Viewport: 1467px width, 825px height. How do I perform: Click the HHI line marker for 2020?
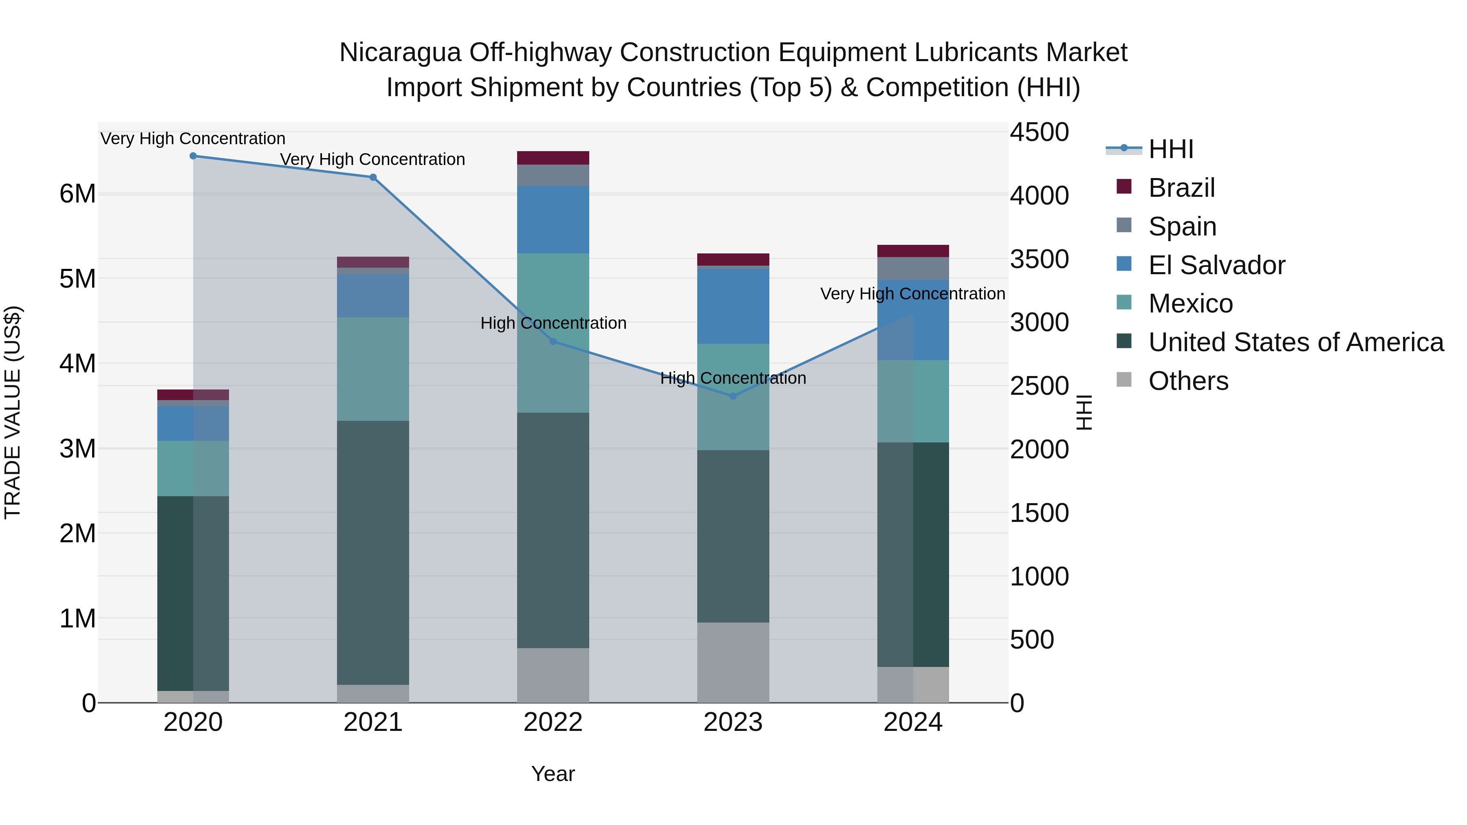[x=193, y=156]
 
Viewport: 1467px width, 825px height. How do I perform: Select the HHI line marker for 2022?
[x=553, y=342]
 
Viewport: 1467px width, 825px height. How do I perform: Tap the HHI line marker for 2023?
[x=733, y=396]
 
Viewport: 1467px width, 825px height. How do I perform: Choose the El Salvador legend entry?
[x=1216, y=265]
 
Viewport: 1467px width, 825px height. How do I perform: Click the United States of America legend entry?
[x=1295, y=342]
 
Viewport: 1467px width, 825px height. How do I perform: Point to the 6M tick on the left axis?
[x=77, y=194]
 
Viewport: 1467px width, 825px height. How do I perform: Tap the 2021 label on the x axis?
[x=373, y=722]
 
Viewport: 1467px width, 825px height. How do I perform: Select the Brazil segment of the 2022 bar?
[x=553, y=158]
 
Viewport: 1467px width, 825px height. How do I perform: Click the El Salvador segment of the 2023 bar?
[x=733, y=306]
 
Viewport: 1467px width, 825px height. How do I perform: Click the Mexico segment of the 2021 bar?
[x=373, y=369]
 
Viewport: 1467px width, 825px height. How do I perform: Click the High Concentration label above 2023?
[x=733, y=378]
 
